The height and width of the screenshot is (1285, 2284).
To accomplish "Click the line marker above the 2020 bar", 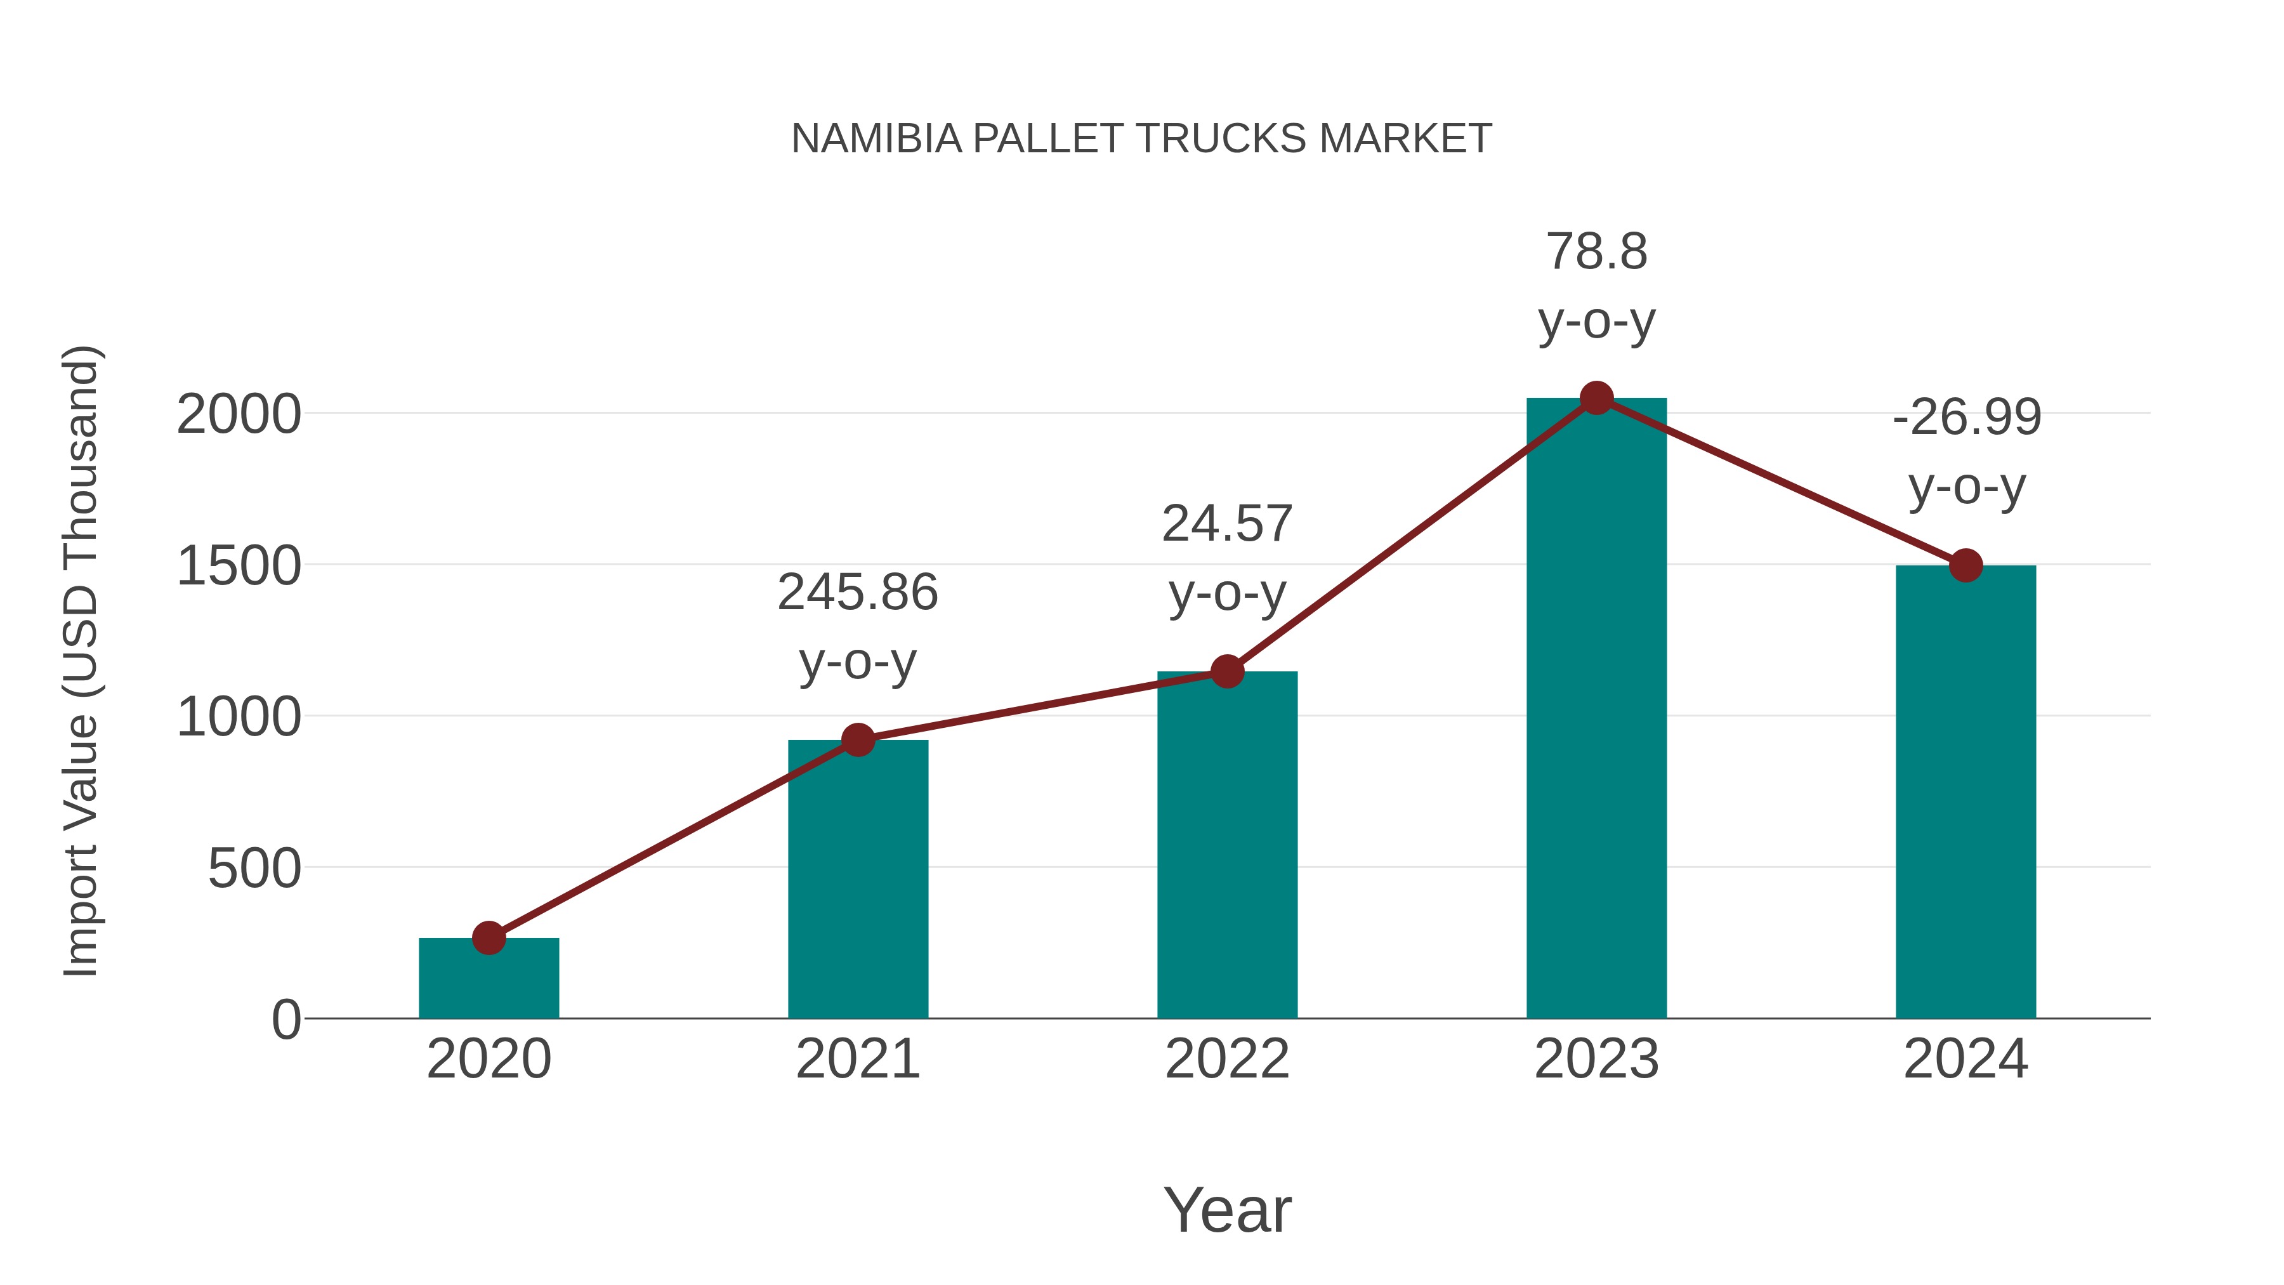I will click(489, 937).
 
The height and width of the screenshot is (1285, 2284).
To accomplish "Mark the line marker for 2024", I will click(1966, 565).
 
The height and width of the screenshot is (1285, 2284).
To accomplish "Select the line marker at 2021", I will click(857, 740).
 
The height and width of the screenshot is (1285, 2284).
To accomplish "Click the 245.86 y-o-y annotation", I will click(857, 626).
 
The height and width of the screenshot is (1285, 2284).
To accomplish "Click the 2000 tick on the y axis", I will click(239, 414).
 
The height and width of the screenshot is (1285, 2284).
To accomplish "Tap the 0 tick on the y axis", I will click(285, 1020).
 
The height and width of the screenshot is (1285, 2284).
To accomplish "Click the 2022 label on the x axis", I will click(1227, 1059).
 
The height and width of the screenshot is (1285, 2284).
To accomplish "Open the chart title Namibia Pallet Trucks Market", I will click(1141, 138).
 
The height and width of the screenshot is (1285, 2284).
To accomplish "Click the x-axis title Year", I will click(1227, 1209).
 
